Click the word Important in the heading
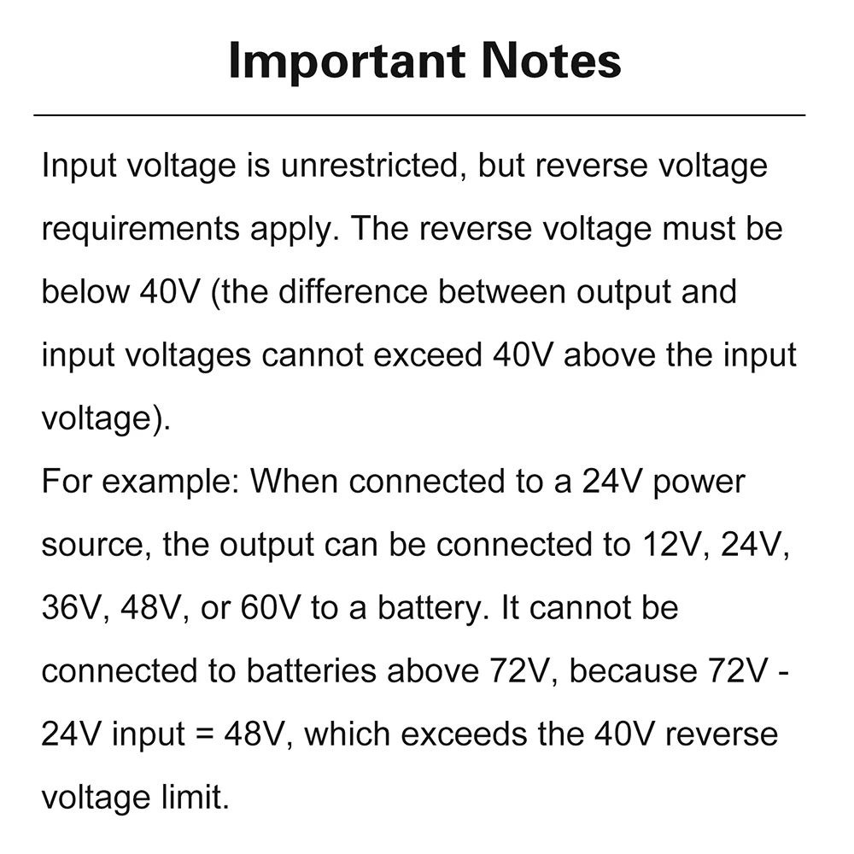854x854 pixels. coord(347,61)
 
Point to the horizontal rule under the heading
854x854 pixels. coord(418,114)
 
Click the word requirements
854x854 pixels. coord(141,229)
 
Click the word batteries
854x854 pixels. coord(312,670)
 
